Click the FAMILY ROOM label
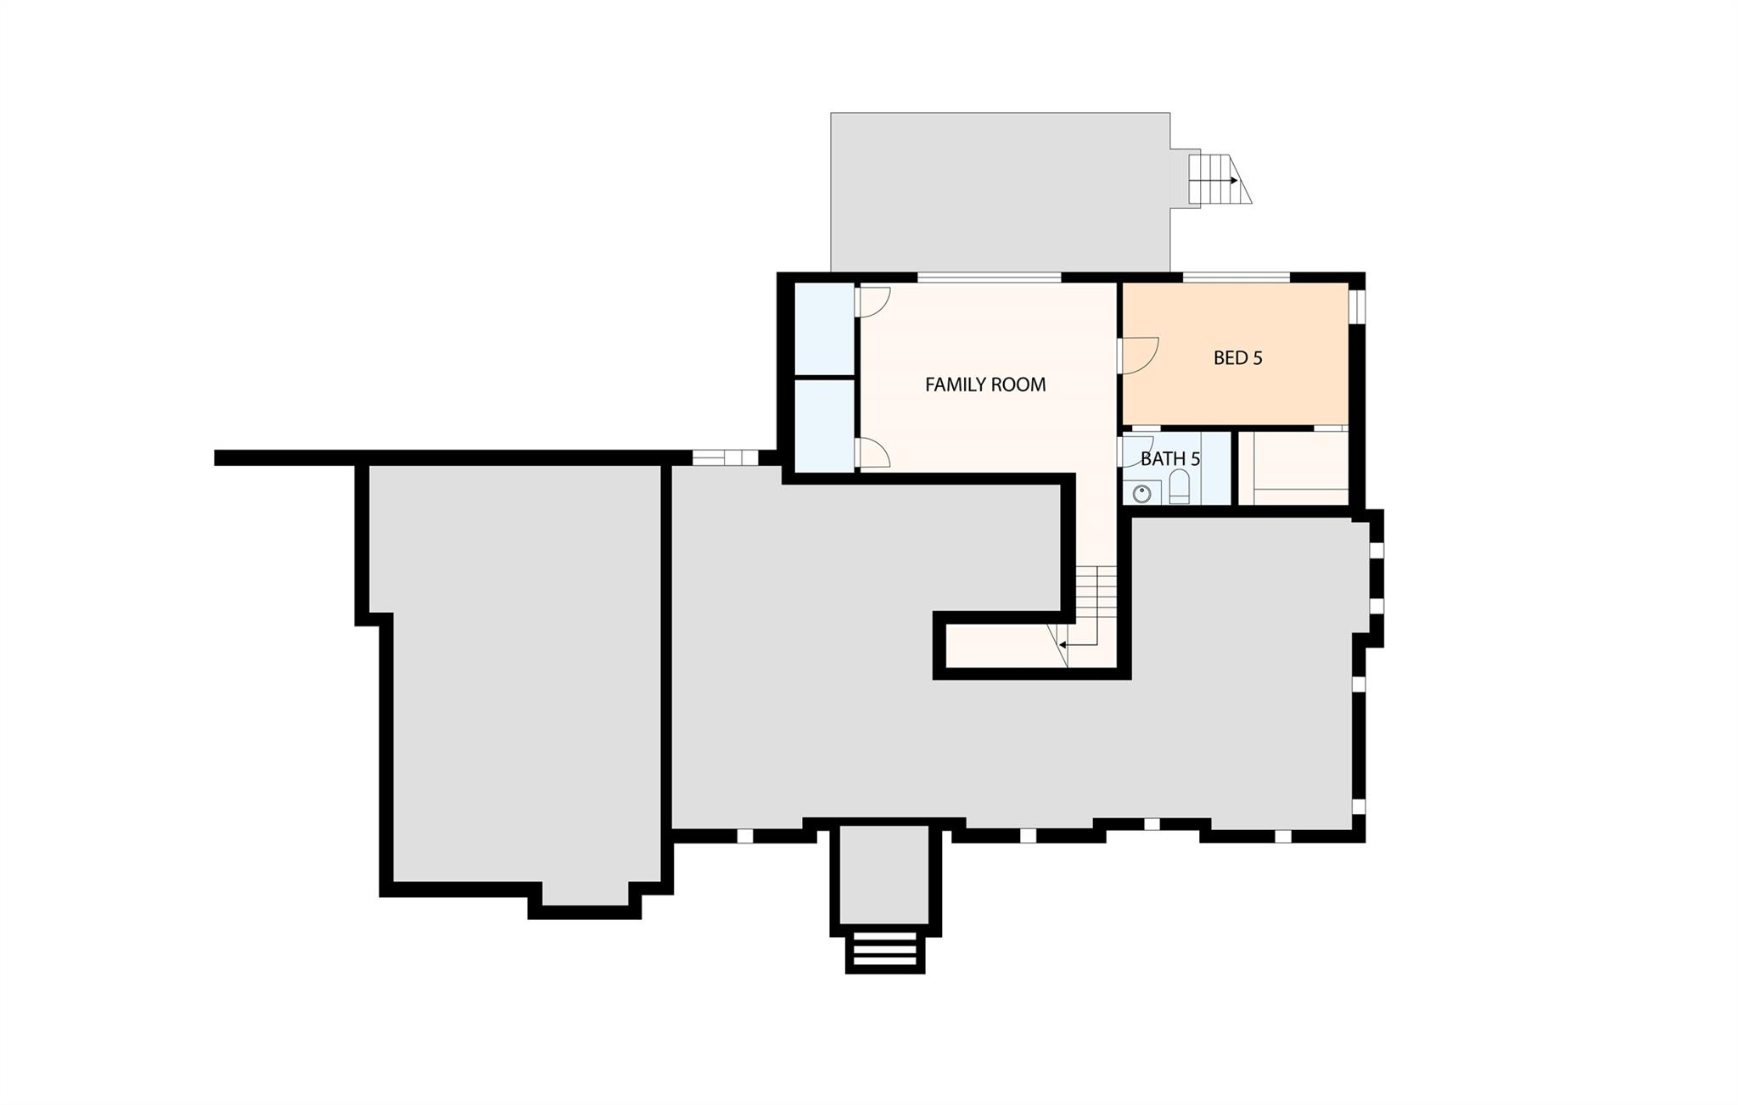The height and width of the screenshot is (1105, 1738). click(x=984, y=384)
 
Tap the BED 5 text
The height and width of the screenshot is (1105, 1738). click(x=1237, y=358)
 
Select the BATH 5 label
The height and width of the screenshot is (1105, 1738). click(x=1169, y=459)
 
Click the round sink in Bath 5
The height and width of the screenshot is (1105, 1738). click(x=1142, y=492)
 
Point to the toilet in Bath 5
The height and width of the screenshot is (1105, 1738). click(x=1180, y=488)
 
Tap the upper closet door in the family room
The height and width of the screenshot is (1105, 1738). click(x=872, y=302)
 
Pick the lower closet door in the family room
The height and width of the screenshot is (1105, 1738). click(x=872, y=453)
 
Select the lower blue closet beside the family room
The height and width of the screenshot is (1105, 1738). click(x=824, y=425)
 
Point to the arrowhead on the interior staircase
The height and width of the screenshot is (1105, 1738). click(x=1062, y=645)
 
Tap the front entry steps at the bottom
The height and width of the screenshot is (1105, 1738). click(x=885, y=951)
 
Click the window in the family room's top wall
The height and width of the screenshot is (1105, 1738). click(x=990, y=277)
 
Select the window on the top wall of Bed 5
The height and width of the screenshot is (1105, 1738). click(x=1236, y=277)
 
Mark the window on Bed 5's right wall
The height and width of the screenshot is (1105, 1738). click(x=1357, y=306)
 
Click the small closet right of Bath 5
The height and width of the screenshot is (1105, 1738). click(x=1293, y=468)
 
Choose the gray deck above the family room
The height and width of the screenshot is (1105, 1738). click(x=1000, y=192)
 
